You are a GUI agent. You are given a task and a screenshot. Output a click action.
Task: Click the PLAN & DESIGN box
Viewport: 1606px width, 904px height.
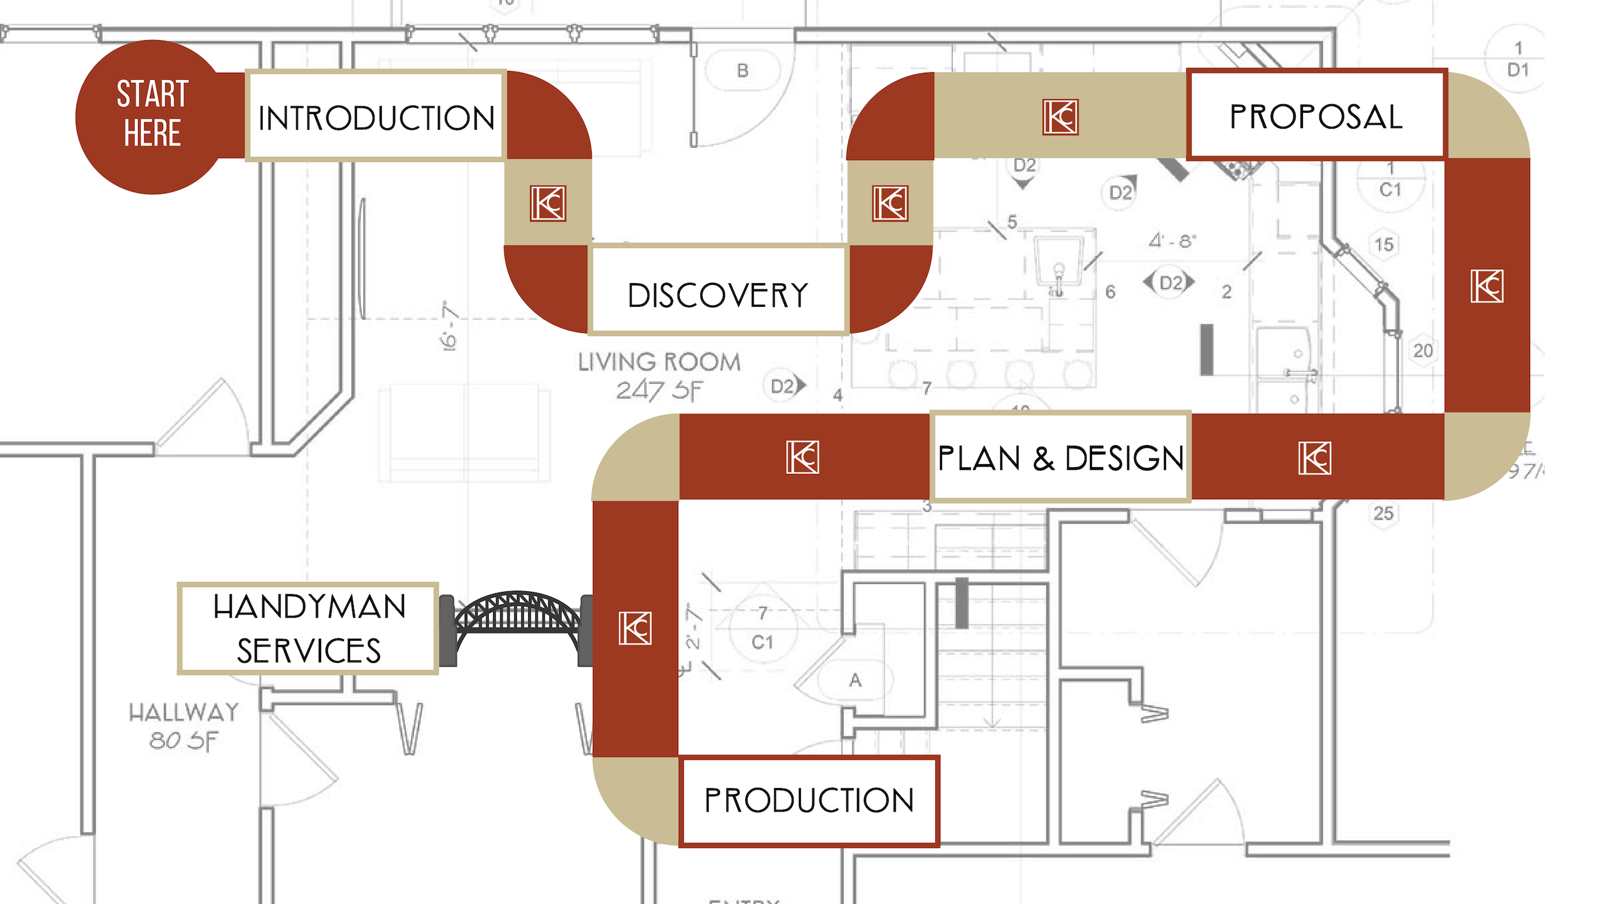tap(1060, 457)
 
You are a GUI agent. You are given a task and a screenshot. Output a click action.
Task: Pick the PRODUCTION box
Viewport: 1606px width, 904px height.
tap(809, 800)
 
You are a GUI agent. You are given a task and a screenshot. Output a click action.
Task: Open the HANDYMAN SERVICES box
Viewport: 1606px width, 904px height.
tap(308, 628)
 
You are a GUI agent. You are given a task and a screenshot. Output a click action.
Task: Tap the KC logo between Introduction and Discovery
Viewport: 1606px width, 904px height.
tap(548, 203)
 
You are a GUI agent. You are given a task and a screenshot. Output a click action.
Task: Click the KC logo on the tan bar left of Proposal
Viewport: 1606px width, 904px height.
tap(1060, 117)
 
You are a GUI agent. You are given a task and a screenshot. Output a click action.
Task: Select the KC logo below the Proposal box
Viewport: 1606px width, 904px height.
tap(1487, 286)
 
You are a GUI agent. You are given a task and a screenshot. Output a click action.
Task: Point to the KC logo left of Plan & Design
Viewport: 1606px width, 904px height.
tap(802, 457)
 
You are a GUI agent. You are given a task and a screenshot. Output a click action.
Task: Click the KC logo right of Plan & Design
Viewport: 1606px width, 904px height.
tap(1315, 458)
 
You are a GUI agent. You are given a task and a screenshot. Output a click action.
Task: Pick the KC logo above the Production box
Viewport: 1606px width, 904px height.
tap(635, 628)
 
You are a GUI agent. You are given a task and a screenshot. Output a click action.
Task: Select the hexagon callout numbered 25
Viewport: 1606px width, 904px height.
tap(1383, 514)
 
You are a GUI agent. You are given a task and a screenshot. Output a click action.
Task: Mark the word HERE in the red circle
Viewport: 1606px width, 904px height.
tap(152, 134)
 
